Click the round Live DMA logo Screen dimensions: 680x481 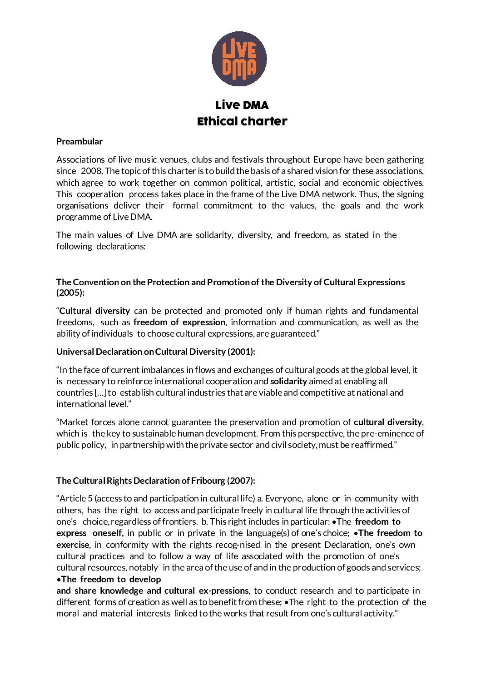pos(239,59)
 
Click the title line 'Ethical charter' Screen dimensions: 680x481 pos(242,121)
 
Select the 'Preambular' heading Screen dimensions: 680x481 pos(79,141)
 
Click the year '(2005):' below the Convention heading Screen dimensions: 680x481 pos(70,293)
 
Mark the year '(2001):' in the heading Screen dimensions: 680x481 pos(241,352)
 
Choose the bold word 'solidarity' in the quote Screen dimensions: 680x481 pos(288,381)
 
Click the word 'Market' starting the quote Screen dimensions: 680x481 pos(74,422)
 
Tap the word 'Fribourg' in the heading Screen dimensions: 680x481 pos(208,481)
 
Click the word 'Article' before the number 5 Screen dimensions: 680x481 pos(73,498)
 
